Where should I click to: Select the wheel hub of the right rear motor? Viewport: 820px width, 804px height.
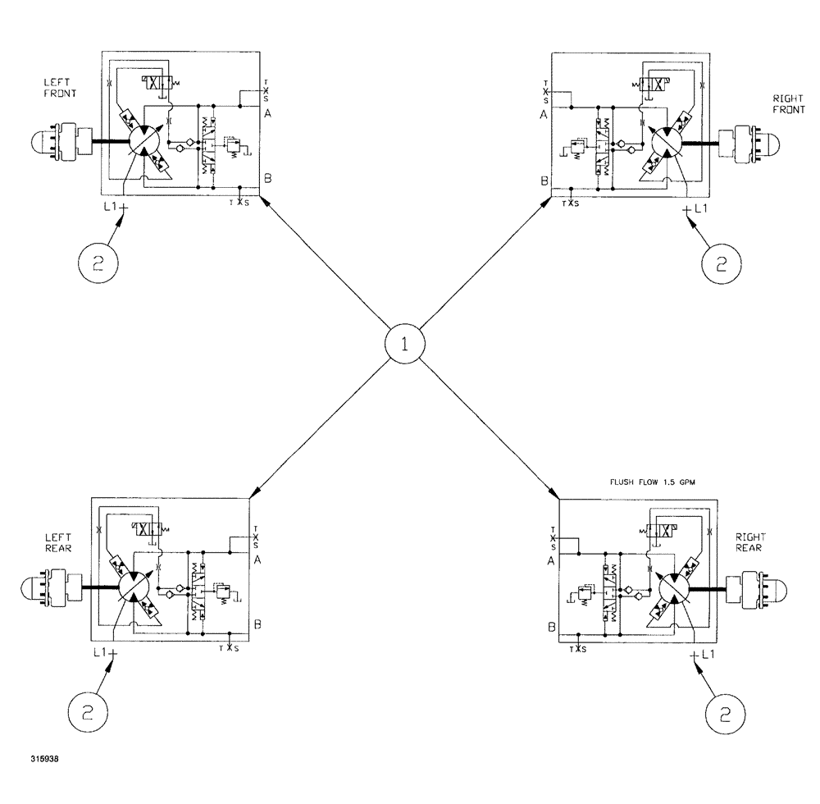pyautogui.click(x=763, y=588)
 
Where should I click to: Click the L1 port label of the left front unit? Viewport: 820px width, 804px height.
pyautogui.click(x=113, y=208)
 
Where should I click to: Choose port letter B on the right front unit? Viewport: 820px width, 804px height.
pyautogui.click(x=544, y=181)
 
